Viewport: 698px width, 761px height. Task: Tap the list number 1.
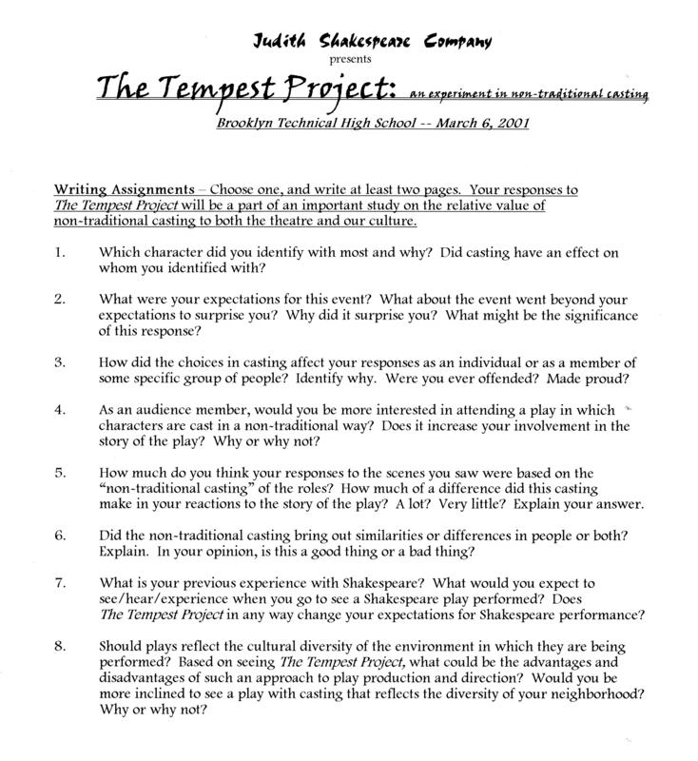click(59, 253)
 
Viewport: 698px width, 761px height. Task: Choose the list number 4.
click(59, 410)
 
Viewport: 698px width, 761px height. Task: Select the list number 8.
click(59, 646)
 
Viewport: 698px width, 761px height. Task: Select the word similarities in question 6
click(412, 536)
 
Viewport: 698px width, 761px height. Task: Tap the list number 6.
click(59, 536)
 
